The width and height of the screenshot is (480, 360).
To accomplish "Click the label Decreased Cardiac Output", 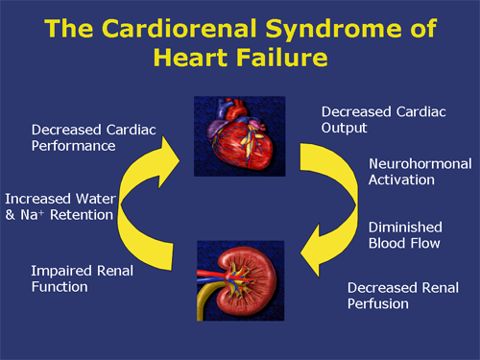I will [x=371, y=120].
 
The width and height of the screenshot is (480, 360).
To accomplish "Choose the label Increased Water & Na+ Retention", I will [x=59, y=205].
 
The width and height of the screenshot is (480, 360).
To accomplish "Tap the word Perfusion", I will [x=377, y=303].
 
